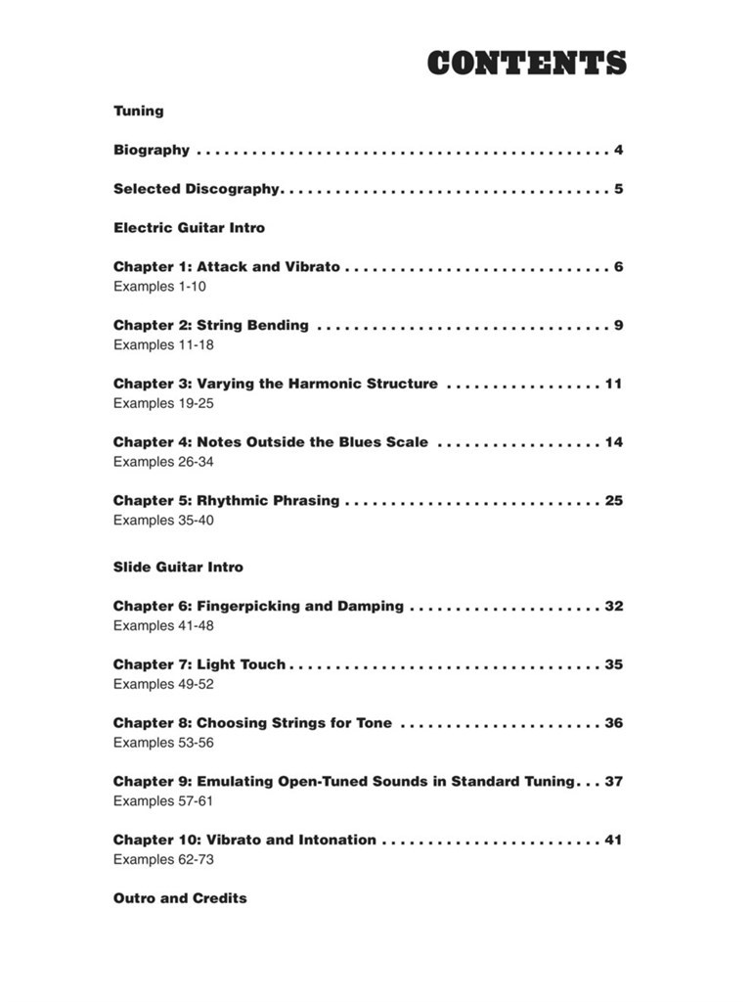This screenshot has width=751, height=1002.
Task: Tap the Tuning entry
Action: pos(139,111)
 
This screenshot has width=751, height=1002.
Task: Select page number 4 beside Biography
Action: pos(619,150)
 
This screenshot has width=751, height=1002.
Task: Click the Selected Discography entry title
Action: pos(197,189)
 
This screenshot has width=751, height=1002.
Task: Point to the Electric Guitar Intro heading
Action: pos(189,228)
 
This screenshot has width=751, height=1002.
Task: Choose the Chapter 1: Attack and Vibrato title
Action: pos(227,266)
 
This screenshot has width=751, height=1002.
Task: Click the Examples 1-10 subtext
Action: pos(159,287)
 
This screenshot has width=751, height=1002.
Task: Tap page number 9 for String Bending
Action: pos(619,325)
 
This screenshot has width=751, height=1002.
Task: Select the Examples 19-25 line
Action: pos(163,403)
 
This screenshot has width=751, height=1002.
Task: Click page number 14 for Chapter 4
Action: pos(613,442)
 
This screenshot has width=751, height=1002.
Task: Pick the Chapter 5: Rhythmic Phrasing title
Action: pos(226,500)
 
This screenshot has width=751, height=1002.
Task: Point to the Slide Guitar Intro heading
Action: pos(178,567)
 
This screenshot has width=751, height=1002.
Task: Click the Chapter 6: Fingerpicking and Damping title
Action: pos(258,606)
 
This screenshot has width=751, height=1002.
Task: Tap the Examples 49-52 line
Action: pos(163,684)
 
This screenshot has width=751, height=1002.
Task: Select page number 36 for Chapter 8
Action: pos(613,723)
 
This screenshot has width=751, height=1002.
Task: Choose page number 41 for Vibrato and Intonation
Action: pos(613,840)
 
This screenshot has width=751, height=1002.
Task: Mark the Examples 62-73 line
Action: pos(163,859)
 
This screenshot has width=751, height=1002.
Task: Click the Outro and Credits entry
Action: pos(180,898)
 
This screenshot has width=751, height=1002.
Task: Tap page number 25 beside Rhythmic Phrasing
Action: pos(613,500)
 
